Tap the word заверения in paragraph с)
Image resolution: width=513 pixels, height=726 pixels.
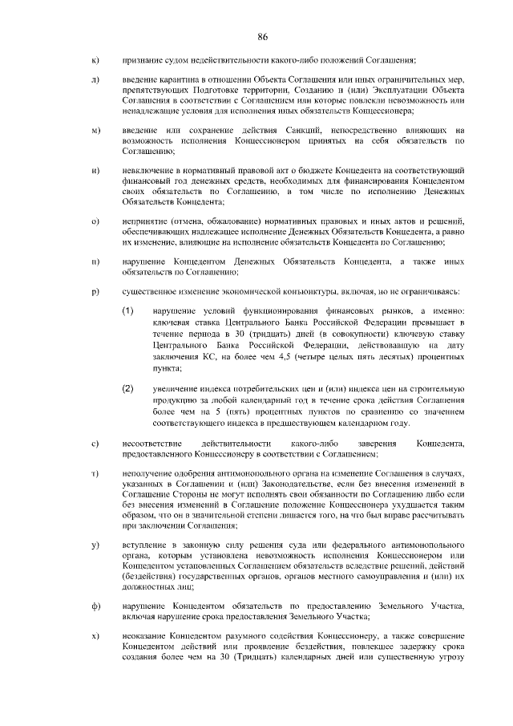(x=370, y=443)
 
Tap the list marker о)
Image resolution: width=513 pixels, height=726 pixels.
(x=95, y=221)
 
